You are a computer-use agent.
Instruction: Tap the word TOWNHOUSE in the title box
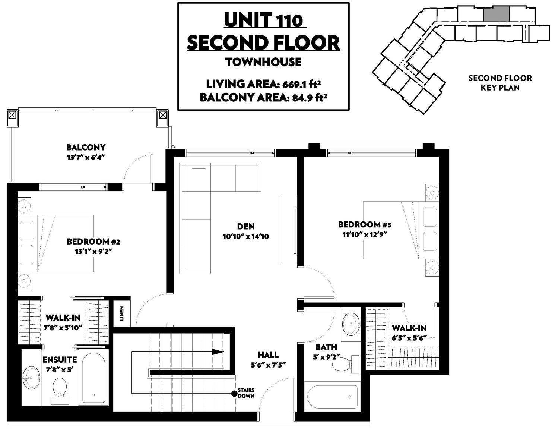(263, 62)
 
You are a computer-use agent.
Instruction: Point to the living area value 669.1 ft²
(301, 84)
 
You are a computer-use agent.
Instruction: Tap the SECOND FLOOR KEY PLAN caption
(500, 83)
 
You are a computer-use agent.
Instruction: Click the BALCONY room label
(86, 147)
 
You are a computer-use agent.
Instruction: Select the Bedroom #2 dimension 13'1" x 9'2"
(93, 252)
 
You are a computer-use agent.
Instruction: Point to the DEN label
(246, 226)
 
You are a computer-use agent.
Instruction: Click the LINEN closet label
(121, 313)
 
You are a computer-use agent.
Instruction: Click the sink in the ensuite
(31, 378)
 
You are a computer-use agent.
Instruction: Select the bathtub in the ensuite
(93, 378)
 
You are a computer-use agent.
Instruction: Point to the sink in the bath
(351, 324)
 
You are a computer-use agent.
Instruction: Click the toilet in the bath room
(346, 364)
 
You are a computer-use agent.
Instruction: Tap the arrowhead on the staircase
(218, 352)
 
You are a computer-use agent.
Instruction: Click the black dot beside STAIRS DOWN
(234, 394)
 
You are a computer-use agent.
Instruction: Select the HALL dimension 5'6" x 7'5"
(268, 365)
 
